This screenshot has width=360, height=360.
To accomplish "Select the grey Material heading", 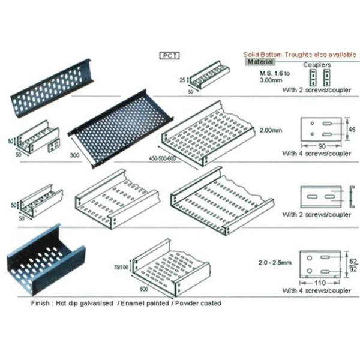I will [260, 62].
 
